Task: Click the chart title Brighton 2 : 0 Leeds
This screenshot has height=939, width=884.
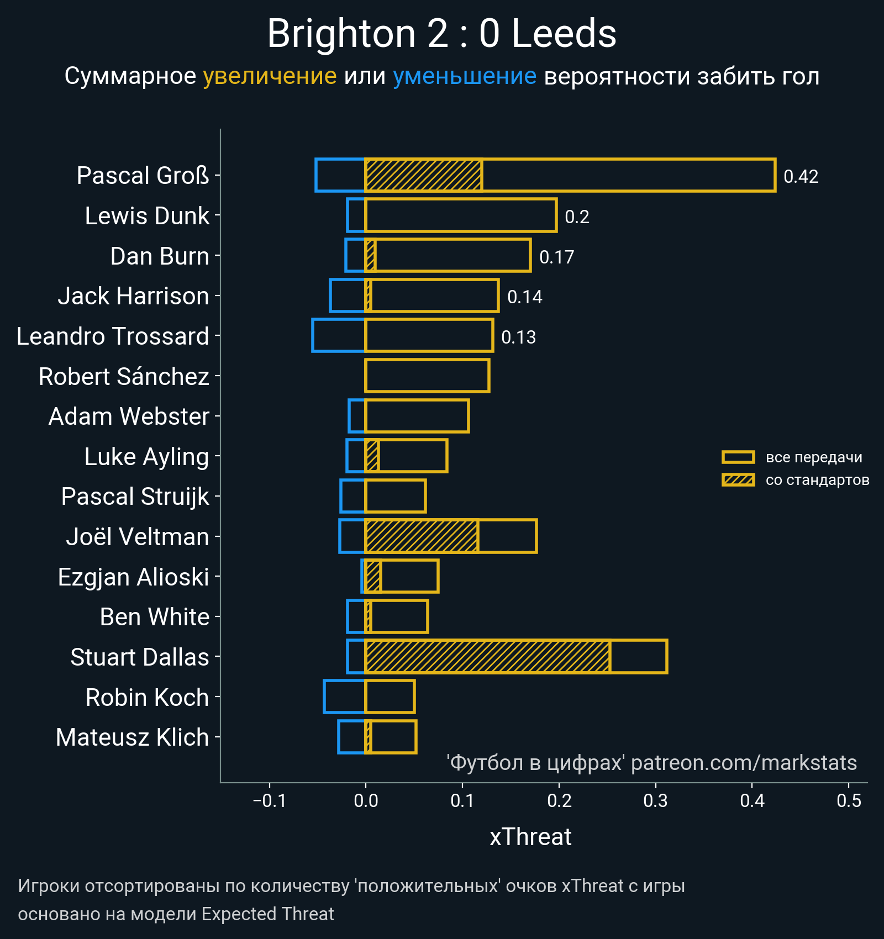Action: [x=441, y=34]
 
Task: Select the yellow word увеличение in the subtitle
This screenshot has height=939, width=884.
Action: [x=270, y=76]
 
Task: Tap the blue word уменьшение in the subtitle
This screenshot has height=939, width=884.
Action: [x=464, y=76]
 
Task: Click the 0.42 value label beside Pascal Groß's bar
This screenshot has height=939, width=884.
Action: [x=801, y=177]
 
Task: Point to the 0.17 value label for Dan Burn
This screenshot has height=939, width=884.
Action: [x=556, y=257]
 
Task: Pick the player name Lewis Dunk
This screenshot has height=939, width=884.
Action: [x=147, y=216]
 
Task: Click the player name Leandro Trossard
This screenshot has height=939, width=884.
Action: [x=113, y=336]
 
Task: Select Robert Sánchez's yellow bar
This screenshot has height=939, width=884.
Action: [x=427, y=376]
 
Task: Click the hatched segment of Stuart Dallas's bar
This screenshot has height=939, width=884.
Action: [x=487, y=657]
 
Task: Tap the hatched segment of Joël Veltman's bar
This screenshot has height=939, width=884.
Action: [x=422, y=536]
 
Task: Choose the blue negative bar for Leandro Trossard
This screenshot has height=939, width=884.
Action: [x=339, y=336]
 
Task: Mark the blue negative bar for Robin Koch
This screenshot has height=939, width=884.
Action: [x=344, y=697]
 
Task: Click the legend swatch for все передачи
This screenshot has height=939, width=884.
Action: [x=738, y=457]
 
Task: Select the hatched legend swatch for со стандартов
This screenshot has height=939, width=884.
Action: [x=738, y=480]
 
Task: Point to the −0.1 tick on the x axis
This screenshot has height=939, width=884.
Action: [x=270, y=800]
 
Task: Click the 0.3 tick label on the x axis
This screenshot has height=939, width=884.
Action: [x=655, y=800]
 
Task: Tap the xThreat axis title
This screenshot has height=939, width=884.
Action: [x=530, y=837]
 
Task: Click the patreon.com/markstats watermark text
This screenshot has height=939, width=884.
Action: [x=744, y=763]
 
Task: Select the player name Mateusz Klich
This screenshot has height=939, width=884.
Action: [x=133, y=737]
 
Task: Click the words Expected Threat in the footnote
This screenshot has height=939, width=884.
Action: [x=267, y=914]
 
